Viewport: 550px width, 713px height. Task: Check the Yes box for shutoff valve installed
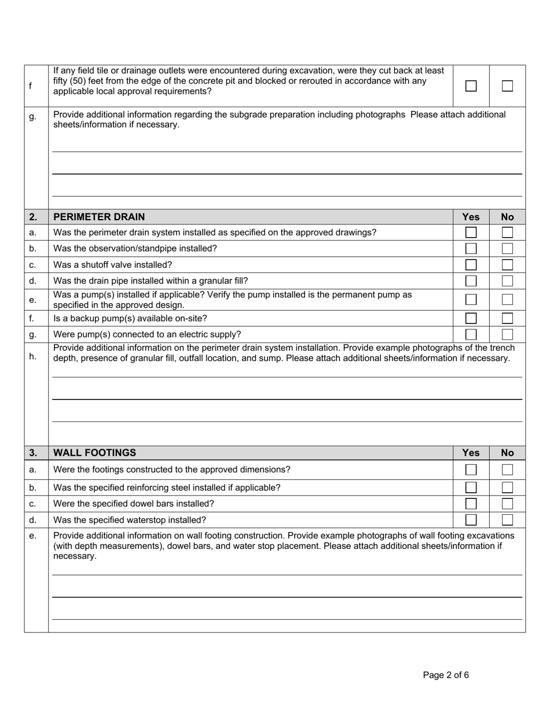(471, 265)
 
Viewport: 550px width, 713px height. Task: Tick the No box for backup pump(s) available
(507, 318)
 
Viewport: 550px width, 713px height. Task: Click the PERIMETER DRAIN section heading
(99, 217)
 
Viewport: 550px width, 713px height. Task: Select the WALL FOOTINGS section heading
(95, 453)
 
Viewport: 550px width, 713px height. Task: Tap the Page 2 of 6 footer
(446, 675)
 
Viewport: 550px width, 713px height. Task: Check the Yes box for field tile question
(471, 86)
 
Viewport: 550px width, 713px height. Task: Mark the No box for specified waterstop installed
(507, 520)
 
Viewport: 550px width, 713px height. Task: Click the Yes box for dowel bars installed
(471, 504)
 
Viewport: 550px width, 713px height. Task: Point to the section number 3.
(33, 453)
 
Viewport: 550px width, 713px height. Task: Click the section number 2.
(33, 217)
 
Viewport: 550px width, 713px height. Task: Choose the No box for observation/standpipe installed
(507, 249)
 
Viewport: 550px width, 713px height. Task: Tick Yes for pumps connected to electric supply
(471, 334)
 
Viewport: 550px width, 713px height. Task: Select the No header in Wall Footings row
(507, 453)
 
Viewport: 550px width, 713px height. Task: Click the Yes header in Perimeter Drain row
(471, 217)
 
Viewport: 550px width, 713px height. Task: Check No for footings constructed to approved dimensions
(507, 470)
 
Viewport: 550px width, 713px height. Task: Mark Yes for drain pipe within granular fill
(471, 281)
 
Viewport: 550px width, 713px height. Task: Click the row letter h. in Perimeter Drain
(33, 356)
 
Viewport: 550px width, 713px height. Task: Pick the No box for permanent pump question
(507, 300)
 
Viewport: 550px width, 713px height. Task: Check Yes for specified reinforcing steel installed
(471, 488)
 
